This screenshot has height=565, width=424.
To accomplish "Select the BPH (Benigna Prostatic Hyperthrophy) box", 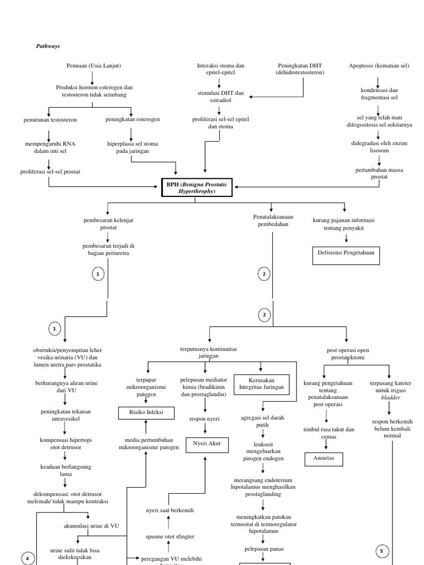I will coord(195,187).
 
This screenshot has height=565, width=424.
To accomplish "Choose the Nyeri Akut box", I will coord(206,443).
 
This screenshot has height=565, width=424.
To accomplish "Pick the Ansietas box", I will coord(324,459).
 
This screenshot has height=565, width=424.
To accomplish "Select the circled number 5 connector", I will coord(383,550).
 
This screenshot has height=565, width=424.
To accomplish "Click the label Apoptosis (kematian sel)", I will coord(379,66).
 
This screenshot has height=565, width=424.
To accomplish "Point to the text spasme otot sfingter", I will coord(169,536).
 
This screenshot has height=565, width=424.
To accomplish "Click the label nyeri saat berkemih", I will coord(169,510).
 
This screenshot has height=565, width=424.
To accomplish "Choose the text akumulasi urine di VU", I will coord(92,526).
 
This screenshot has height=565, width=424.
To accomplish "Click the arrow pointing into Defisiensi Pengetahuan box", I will coord(346,239).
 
